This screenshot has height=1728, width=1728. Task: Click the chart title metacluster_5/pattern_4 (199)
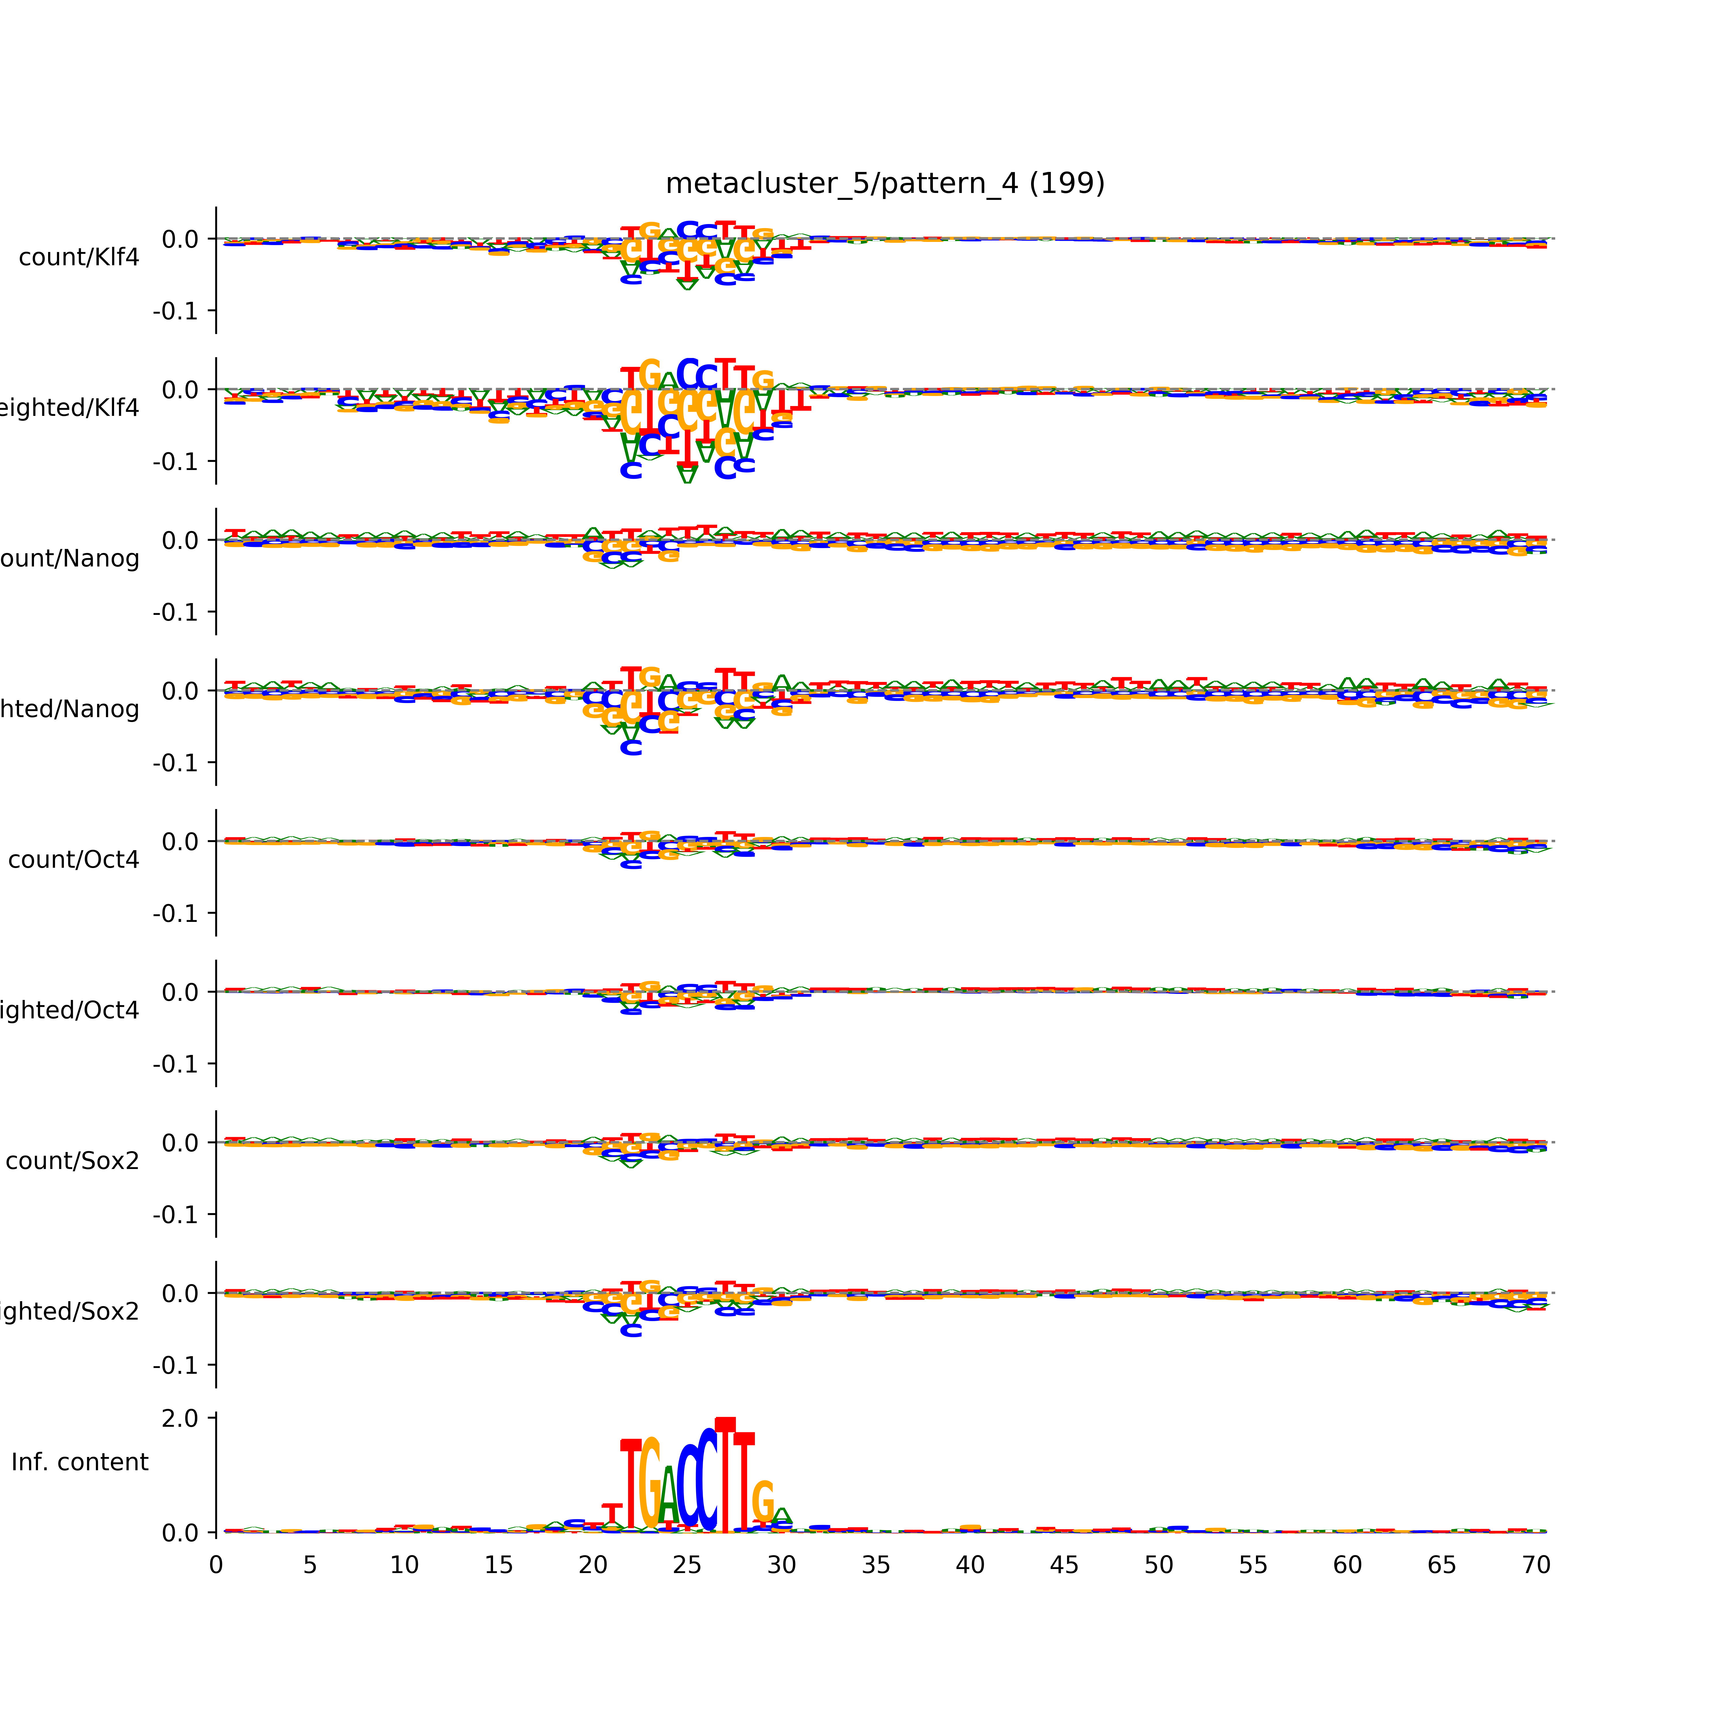884,183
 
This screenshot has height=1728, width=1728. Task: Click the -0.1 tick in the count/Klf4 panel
175,311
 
